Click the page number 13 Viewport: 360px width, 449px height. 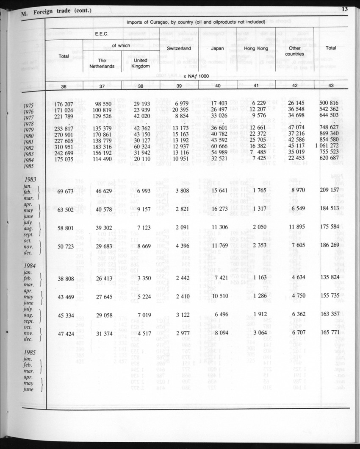click(344, 9)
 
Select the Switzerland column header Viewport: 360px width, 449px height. click(179, 48)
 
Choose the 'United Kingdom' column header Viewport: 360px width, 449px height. click(140, 64)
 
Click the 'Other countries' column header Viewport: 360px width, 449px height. click(294, 51)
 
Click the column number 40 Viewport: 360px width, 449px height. click(217, 86)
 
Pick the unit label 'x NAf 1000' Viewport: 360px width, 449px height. click(197, 75)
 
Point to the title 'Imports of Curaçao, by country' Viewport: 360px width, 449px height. click(196, 21)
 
